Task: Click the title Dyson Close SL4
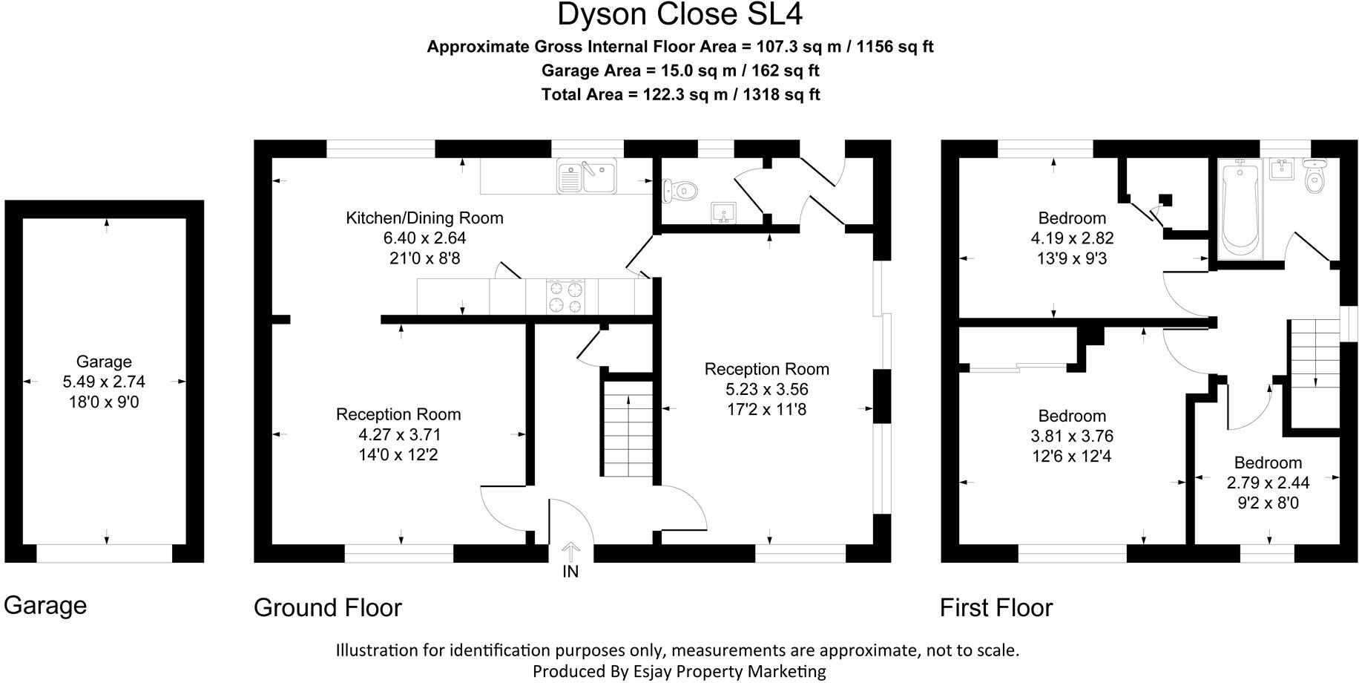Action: pos(679,15)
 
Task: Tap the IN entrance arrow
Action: pos(570,553)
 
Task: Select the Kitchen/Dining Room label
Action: pos(424,218)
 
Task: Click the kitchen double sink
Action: pos(587,177)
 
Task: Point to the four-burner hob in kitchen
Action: pos(565,297)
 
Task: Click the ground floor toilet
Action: pos(680,191)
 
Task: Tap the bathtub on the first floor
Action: pos(1241,208)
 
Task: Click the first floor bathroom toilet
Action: pos(1315,177)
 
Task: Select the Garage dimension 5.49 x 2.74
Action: pos(104,382)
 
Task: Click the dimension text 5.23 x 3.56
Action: pos(766,389)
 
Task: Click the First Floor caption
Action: pos(996,607)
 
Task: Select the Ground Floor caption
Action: pos(327,607)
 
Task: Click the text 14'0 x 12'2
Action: pos(398,454)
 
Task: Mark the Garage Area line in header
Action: pos(679,71)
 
